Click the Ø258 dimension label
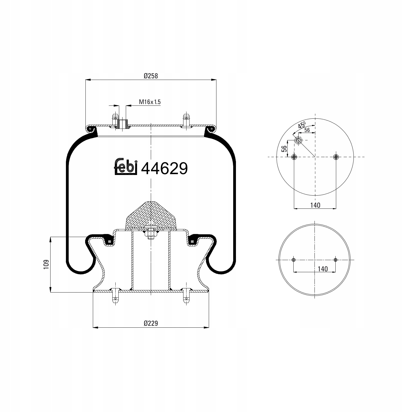pyautogui.click(x=151, y=76)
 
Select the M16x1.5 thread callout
pyautogui.click(x=150, y=102)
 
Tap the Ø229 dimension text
pyautogui.click(x=151, y=323)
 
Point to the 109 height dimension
pyautogui.click(x=46, y=264)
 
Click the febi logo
pyautogui.click(x=125, y=167)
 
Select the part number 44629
pyautogui.click(x=164, y=168)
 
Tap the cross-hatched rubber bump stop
pyautogui.click(x=151, y=216)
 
